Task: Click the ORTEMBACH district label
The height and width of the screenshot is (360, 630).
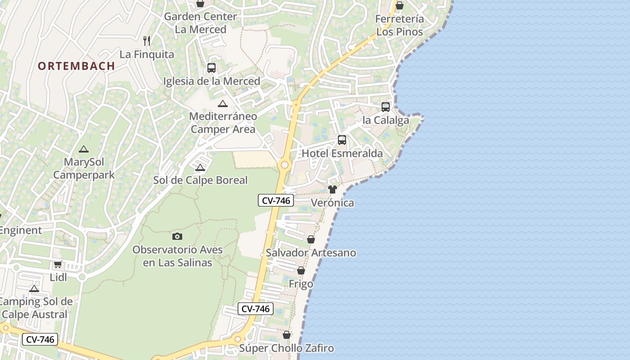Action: coord(76,66)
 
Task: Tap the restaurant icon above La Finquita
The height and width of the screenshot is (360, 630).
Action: coord(147,41)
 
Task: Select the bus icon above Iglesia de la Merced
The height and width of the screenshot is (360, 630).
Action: coord(211,68)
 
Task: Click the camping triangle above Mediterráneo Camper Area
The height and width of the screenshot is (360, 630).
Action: coord(222,104)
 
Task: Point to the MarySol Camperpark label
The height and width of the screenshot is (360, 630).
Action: coord(84,168)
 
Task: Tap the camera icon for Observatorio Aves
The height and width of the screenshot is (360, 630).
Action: coord(177,236)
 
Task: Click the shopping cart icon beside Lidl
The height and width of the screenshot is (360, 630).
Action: coord(58,265)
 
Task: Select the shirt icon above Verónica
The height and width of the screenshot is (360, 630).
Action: coord(333,189)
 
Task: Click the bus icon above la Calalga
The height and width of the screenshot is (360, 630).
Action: coord(386,107)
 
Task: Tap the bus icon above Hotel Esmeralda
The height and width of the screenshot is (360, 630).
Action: coord(342,140)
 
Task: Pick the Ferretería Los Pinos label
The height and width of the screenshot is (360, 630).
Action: coord(400,25)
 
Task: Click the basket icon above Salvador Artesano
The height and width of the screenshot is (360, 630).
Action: coord(311,239)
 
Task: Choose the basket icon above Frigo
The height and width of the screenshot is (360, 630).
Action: coord(301,270)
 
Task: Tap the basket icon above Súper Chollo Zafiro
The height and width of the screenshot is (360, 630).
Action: coord(287,335)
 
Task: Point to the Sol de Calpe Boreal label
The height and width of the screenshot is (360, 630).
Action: coord(201,180)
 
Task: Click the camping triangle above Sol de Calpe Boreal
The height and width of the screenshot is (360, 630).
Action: coord(200,168)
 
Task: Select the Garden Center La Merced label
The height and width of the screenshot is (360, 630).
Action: coord(200,23)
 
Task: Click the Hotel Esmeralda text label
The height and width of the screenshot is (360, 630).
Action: coord(342,153)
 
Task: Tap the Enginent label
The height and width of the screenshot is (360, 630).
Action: coord(21,230)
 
